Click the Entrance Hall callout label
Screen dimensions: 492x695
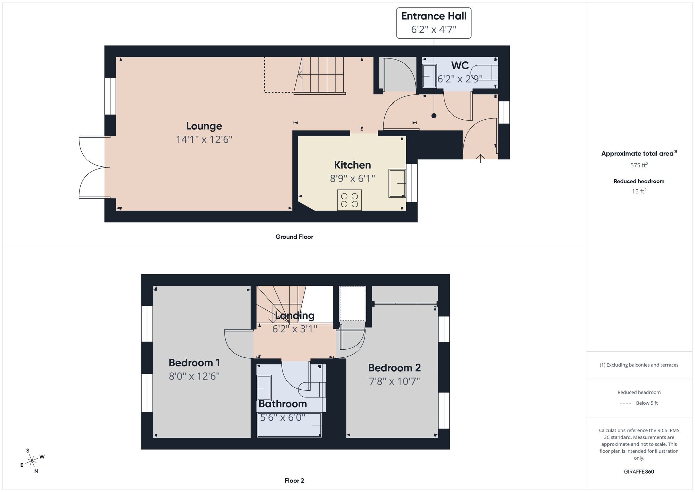click(434, 23)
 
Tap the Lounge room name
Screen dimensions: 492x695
click(204, 126)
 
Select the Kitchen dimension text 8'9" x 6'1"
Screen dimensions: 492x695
click(352, 178)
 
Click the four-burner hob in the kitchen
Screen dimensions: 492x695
click(349, 200)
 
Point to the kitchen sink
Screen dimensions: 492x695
click(397, 183)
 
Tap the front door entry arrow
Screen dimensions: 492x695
click(481, 158)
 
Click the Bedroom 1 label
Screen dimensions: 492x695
click(194, 363)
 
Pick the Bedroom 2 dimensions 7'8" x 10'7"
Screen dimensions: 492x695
click(394, 381)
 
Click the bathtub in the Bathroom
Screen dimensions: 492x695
click(289, 425)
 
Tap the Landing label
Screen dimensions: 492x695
click(294, 316)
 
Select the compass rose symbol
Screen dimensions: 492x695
click(32, 461)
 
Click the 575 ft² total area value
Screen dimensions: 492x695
click(639, 165)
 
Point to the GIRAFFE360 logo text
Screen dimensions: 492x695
click(639, 472)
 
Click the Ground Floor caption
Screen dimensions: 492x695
click(294, 237)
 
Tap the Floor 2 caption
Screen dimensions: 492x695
click(294, 481)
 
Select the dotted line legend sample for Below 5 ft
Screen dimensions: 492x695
click(626, 403)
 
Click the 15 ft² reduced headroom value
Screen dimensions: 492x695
click(639, 191)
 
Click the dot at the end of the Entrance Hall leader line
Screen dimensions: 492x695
click(434, 116)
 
